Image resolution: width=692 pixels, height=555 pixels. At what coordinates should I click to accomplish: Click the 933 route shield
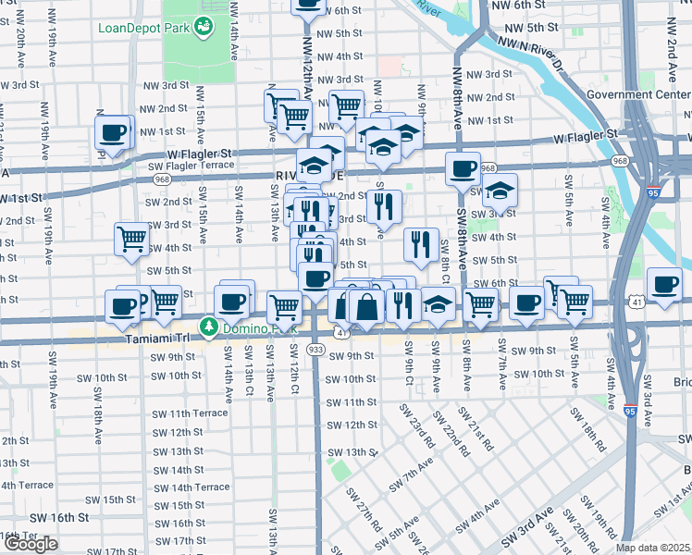(x=315, y=350)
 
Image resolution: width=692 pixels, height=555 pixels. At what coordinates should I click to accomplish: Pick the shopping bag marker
(x=366, y=308)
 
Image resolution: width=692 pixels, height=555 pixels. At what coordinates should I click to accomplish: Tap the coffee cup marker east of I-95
(x=664, y=286)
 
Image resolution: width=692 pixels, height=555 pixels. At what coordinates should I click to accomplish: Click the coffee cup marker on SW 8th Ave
(x=463, y=170)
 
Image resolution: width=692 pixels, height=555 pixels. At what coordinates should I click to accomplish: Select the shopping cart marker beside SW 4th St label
(x=132, y=239)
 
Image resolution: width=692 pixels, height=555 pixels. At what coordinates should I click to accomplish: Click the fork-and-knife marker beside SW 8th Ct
(x=421, y=244)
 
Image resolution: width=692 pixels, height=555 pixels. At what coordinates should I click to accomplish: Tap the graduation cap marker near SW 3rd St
(x=499, y=191)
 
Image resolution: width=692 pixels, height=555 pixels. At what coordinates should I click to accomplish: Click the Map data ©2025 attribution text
(x=653, y=548)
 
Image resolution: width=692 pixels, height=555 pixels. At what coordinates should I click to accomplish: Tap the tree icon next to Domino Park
(x=210, y=327)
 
